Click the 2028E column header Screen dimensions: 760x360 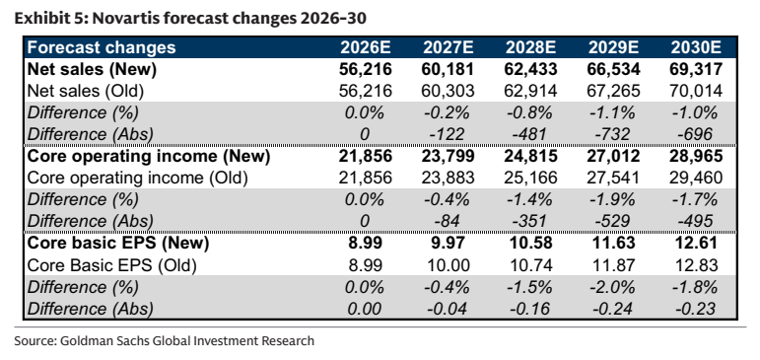(x=530, y=47)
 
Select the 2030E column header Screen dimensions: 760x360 (x=697, y=47)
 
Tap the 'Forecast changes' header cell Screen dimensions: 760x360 (x=102, y=47)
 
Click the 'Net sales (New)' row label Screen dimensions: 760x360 (x=92, y=69)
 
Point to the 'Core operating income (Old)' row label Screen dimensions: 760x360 (x=138, y=178)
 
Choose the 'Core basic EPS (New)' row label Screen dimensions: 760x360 (x=118, y=243)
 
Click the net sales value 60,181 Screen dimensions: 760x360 (x=448, y=69)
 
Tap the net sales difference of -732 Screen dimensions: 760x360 (x=614, y=134)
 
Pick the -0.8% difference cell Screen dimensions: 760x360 (x=529, y=112)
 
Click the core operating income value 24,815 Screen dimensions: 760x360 (x=530, y=156)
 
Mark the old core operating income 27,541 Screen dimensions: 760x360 (x=614, y=178)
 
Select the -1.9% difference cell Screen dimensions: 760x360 (x=612, y=199)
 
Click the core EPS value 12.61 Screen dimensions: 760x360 (x=697, y=243)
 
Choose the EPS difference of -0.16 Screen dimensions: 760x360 (x=529, y=308)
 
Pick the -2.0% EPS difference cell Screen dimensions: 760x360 (x=612, y=287)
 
